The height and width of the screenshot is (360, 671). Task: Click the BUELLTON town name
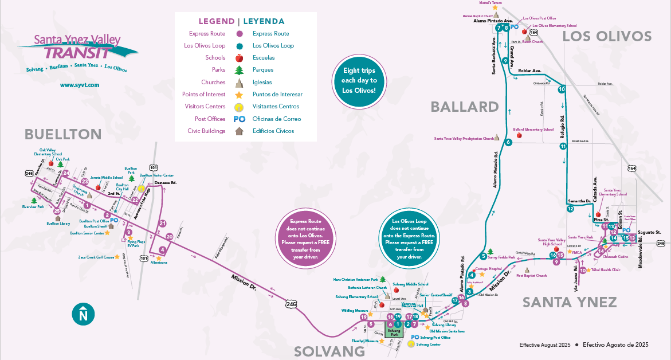[62, 134]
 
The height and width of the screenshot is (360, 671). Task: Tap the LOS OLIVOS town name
[607, 37]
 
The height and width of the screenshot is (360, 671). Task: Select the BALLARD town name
[465, 107]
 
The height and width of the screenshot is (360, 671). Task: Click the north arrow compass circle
[83, 314]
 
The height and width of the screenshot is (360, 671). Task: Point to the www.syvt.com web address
[80, 85]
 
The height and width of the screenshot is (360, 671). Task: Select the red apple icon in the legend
[240, 58]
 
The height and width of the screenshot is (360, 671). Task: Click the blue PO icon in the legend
[240, 119]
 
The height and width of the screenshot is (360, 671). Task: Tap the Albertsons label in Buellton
[158, 262]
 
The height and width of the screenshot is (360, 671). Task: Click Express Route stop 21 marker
[163, 224]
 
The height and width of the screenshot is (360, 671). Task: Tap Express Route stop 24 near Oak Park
[66, 173]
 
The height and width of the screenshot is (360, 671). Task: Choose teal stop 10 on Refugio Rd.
[562, 89]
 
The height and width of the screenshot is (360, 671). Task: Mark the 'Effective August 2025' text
[545, 345]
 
